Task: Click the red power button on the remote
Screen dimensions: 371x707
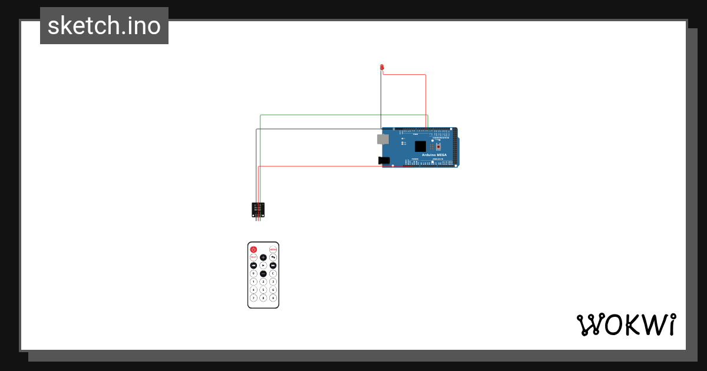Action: (253, 250)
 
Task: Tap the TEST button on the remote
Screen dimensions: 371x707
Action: (253, 257)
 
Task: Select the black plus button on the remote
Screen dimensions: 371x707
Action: (263, 257)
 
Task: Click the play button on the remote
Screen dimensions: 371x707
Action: (263, 266)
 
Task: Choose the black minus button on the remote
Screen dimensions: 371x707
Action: (263, 273)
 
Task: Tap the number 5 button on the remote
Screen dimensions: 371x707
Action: (263, 290)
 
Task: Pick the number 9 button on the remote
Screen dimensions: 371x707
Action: (273, 298)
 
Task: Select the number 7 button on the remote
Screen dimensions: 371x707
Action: (253, 298)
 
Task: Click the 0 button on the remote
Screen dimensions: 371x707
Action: (253, 273)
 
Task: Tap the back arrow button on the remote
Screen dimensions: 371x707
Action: (273, 257)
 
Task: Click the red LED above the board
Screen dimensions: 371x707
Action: (382, 67)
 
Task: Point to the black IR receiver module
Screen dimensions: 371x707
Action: (258, 209)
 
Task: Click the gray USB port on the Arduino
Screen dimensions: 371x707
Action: (383, 139)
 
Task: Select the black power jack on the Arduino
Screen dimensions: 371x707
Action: (384, 160)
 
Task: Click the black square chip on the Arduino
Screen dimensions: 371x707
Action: (420, 146)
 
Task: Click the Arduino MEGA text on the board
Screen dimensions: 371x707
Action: (434, 155)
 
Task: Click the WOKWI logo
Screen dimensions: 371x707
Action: (626, 324)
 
